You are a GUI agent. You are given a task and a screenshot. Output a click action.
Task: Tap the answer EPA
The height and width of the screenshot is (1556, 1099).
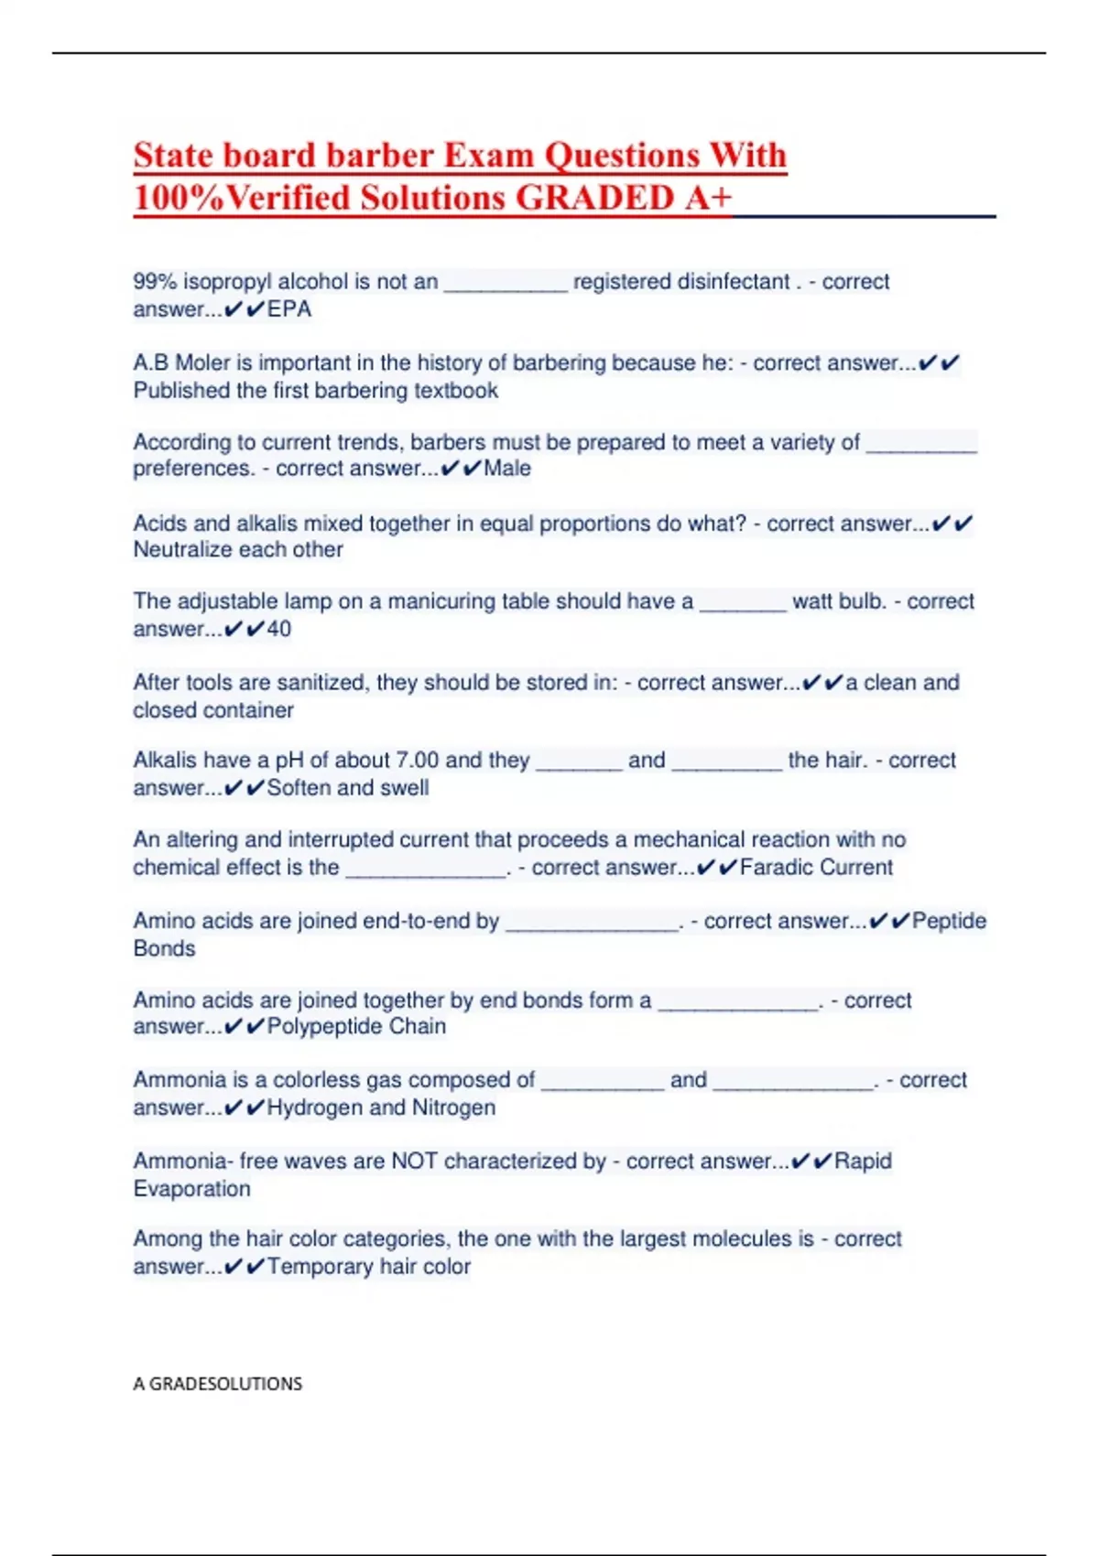289,309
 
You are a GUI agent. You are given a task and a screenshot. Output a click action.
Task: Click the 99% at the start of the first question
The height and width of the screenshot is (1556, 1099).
155,282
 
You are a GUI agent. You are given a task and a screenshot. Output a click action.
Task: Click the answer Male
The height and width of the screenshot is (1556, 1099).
507,469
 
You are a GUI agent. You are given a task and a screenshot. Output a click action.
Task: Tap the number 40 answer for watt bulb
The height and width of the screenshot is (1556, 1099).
279,630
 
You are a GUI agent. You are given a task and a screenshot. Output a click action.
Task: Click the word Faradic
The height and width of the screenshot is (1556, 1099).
776,868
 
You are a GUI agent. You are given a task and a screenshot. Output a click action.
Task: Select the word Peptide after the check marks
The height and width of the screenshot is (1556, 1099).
949,921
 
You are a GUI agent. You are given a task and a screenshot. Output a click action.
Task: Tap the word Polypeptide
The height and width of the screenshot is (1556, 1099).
325,1027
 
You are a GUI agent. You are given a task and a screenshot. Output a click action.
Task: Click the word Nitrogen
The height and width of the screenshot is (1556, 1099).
453,1108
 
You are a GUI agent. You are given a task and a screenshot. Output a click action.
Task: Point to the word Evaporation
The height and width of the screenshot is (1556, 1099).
192,1189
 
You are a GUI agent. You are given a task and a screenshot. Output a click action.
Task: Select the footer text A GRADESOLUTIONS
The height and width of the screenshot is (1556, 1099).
218,1384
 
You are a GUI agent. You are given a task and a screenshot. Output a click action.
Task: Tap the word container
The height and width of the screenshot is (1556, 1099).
250,710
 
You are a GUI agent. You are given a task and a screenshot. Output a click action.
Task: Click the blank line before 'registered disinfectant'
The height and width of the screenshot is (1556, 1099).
506,284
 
